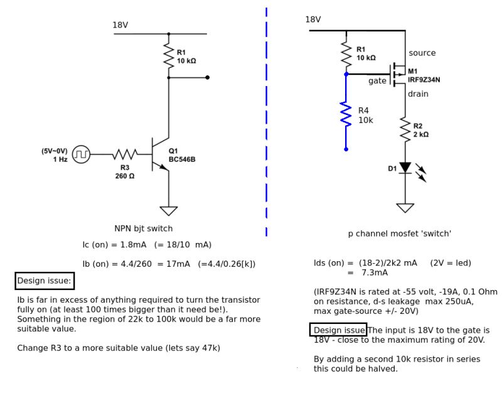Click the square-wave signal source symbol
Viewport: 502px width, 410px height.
click(x=81, y=154)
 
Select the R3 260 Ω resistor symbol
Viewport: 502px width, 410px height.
click(x=125, y=154)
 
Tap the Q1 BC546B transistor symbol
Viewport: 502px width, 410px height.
click(x=161, y=154)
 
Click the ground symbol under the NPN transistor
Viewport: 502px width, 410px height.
click(x=168, y=210)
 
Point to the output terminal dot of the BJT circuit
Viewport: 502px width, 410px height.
click(x=208, y=78)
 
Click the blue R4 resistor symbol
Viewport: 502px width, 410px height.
click(x=346, y=115)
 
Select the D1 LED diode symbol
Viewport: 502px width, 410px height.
click(x=405, y=168)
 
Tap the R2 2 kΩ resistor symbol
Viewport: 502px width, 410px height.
click(x=405, y=130)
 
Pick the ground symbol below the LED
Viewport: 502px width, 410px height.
click(x=405, y=208)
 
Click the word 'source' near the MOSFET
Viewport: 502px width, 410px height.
click(x=422, y=53)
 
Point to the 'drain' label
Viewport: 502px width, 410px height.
click(x=418, y=94)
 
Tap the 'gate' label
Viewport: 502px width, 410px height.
click(x=377, y=81)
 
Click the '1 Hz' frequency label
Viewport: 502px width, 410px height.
click(x=60, y=159)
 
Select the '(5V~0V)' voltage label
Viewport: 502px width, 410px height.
click(x=55, y=151)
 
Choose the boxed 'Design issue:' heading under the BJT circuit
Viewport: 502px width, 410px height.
click(x=45, y=281)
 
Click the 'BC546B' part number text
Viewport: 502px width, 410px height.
click(x=182, y=159)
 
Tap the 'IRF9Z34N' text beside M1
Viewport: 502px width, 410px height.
click(x=424, y=80)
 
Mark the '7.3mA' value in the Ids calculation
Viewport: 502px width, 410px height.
click(x=375, y=273)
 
